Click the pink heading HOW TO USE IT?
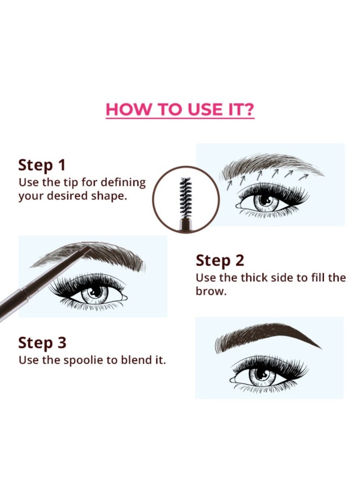coord(180,109)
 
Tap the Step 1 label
coord(42,165)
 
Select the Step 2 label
coord(220,261)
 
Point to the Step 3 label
coord(42,343)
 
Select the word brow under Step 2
coord(211,291)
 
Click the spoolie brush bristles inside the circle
coord(185,197)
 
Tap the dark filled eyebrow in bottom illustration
coord(266,337)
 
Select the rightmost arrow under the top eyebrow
coord(303,177)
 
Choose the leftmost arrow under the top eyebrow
coord(229,185)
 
